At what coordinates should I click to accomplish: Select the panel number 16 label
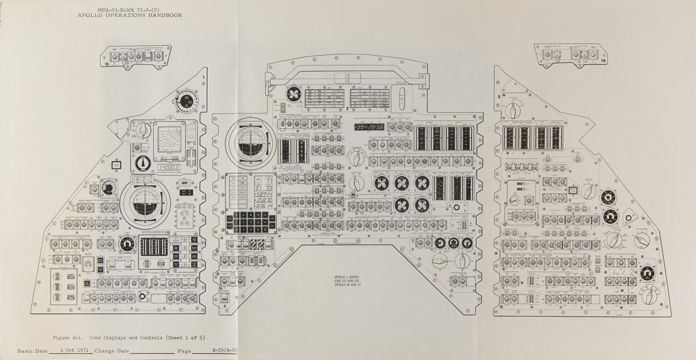[603, 61]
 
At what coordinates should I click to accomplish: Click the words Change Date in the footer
[113, 351]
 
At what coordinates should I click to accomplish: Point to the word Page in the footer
[184, 351]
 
